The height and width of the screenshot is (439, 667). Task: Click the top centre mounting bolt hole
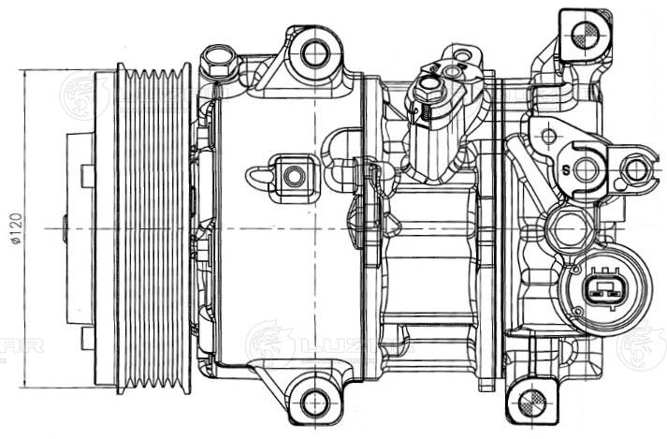(x=313, y=51)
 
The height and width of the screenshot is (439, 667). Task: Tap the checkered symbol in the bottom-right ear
(x=532, y=403)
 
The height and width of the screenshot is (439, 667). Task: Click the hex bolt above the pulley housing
(x=218, y=66)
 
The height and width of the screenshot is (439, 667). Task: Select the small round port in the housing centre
(x=293, y=175)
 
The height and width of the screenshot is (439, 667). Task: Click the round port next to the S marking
(x=587, y=169)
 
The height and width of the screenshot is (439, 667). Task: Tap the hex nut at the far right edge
(x=636, y=169)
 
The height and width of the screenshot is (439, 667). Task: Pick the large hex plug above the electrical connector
(x=568, y=227)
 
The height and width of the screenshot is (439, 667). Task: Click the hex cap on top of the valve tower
(x=429, y=89)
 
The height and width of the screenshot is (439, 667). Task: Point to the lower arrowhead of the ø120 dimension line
(x=20, y=385)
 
